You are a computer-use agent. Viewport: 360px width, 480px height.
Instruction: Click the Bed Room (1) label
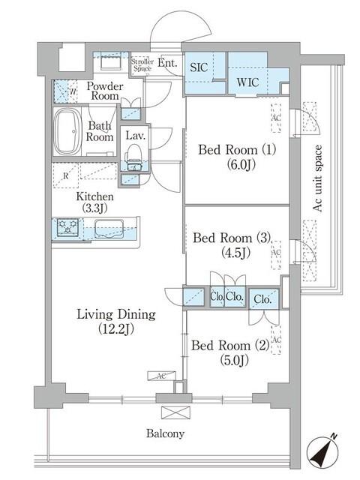click(x=237, y=156)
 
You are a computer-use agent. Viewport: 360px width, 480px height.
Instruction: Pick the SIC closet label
click(x=199, y=66)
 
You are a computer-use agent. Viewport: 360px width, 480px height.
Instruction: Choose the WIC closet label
click(x=247, y=82)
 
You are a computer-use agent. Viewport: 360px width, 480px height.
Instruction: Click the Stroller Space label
click(x=142, y=65)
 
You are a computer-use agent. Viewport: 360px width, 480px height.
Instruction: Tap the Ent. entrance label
click(x=168, y=63)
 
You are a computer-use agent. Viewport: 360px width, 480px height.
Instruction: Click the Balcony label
click(x=166, y=433)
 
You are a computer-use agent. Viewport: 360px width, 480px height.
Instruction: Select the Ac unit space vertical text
click(x=317, y=178)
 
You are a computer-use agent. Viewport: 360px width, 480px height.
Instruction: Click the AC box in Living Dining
click(x=161, y=376)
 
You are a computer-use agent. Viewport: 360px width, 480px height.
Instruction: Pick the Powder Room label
click(x=105, y=91)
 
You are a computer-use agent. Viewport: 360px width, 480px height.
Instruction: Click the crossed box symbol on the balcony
click(x=171, y=412)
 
